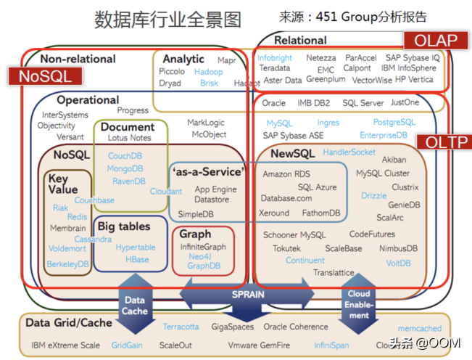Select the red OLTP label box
(442, 142)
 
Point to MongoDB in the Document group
(125, 168)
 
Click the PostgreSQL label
(394, 123)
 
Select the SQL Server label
(363, 103)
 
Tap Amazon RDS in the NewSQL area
(286, 174)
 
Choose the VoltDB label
(398, 263)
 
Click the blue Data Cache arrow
(134, 303)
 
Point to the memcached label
(419, 329)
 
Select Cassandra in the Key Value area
(93, 239)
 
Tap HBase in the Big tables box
(137, 259)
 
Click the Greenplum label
(326, 78)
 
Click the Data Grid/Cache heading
(69, 322)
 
